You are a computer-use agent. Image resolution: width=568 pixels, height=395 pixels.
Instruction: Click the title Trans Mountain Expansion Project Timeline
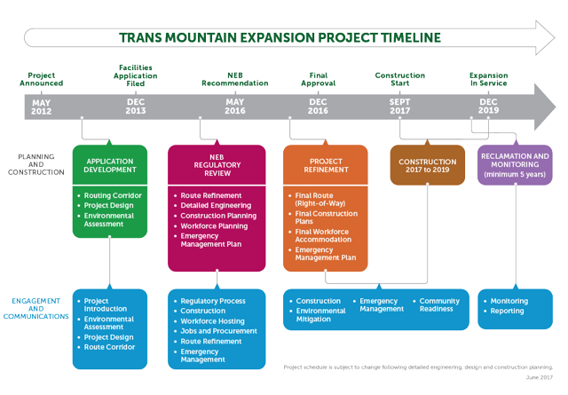pyautogui.click(x=280, y=37)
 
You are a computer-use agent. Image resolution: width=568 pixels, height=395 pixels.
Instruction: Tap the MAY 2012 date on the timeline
pyautogui.click(x=42, y=107)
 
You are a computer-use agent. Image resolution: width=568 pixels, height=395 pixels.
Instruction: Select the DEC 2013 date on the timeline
pyautogui.click(x=136, y=107)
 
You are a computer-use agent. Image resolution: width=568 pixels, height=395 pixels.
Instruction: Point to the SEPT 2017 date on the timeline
pyautogui.click(x=400, y=107)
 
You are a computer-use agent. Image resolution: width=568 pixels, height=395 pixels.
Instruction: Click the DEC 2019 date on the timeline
pyautogui.click(x=489, y=107)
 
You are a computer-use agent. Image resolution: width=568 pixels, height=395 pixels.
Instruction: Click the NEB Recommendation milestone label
pyautogui.click(x=234, y=79)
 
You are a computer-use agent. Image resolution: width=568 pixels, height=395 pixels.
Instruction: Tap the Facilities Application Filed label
pyautogui.click(x=136, y=75)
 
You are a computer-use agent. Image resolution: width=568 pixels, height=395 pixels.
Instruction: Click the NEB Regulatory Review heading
pyautogui.click(x=217, y=165)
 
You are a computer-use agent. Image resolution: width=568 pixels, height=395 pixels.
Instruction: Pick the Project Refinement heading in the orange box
pyautogui.click(x=325, y=165)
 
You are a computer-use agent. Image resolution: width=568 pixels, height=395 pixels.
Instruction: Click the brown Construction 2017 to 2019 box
pyautogui.click(x=427, y=165)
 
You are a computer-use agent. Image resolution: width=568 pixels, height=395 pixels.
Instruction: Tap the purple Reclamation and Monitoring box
pyautogui.click(x=515, y=165)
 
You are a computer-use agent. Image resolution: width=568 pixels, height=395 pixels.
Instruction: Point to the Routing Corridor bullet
pyautogui.click(x=113, y=195)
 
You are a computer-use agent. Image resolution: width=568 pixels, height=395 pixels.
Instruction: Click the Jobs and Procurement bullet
pyautogui.click(x=218, y=331)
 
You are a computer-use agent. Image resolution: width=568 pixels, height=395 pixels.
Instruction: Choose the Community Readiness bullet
pyautogui.click(x=439, y=304)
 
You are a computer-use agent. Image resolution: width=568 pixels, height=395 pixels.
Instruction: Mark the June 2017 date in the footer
pyautogui.click(x=538, y=378)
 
